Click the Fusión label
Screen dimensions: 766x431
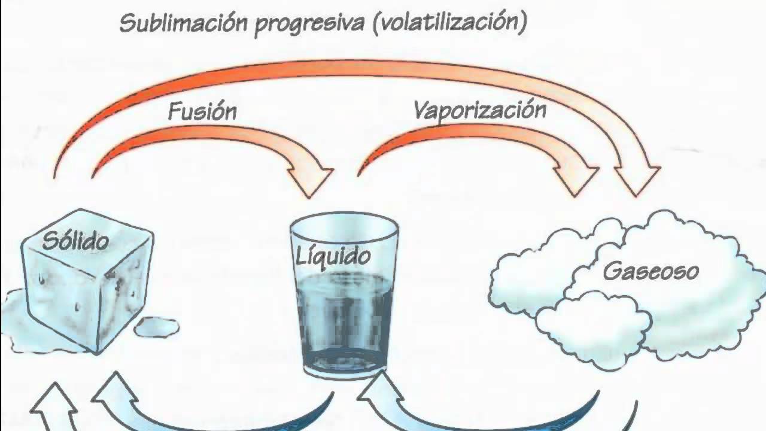pos(202,111)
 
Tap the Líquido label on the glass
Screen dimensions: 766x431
pos(333,256)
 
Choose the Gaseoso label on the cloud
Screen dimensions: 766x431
pos(651,271)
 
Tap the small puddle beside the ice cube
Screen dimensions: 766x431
pos(156,327)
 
